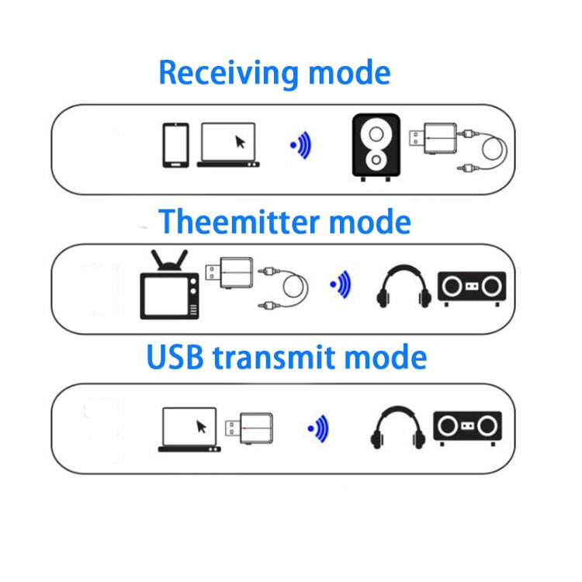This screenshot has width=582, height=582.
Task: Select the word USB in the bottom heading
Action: tap(175, 358)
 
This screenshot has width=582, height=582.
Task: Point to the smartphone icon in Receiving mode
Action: tap(175, 145)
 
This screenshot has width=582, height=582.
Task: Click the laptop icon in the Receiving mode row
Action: tap(228, 144)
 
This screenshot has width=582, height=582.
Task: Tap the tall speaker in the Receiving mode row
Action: tap(376, 147)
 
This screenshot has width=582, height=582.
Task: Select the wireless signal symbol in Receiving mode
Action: tap(300, 145)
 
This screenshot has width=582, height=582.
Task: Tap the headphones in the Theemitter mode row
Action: tap(404, 286)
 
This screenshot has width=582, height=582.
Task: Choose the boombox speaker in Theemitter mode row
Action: tap(471, 287)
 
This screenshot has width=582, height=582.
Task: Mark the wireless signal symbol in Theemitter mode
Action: tap(341, 285)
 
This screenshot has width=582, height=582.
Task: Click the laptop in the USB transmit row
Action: tap(189, 429)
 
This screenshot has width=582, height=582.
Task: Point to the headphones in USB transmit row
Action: tap(397, 428)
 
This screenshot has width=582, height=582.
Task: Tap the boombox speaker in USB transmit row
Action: tap(467, 428)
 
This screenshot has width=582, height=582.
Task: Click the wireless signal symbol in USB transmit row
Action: tap(318, 428)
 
